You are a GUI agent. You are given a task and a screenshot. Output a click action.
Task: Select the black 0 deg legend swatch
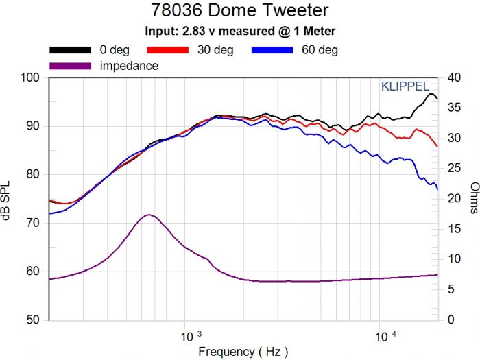tap(70, 50)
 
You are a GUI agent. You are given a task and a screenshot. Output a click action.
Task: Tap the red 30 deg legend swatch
tap(168, 50)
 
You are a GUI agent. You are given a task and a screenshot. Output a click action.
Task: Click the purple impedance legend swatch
tap(70, 66)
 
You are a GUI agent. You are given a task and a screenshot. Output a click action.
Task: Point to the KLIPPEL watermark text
tap(405, 86)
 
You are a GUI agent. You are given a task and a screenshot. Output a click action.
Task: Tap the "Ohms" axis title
tap(474, 198)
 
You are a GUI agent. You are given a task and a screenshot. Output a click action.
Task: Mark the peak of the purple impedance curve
tap(149, 215)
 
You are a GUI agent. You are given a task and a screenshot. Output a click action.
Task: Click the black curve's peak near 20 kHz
tap(430, 93)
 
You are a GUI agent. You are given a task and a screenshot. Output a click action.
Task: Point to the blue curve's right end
tap(437, 189)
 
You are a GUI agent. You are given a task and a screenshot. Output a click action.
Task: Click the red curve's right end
tap(437, 147)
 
